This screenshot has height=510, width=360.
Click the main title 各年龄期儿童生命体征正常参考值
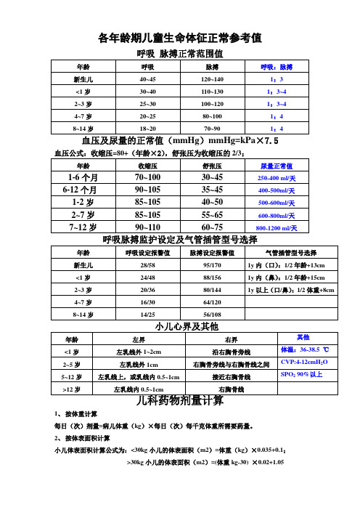[x=179, y=37]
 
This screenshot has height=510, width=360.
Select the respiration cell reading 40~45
[x=147, y=78]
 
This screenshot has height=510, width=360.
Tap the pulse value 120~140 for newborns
[x=212, y=78]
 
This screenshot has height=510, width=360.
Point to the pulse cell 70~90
[x=212, y=128]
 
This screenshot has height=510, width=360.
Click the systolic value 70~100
[x=148, y=177]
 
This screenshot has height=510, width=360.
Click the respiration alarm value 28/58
[x=147, y=265]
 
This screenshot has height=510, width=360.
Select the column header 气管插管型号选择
[x=292, y=253]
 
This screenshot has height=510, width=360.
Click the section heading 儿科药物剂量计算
[x=179, y=401]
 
